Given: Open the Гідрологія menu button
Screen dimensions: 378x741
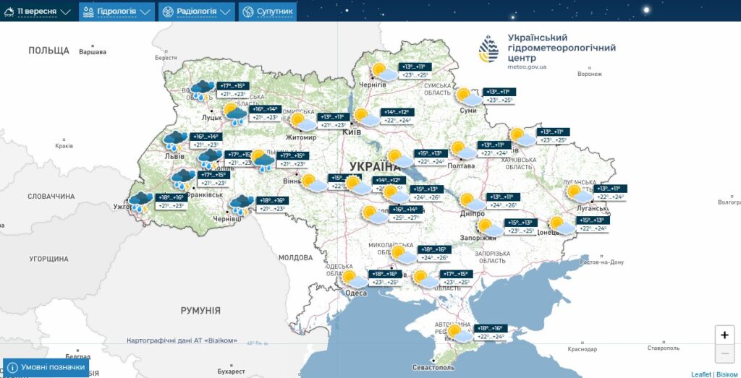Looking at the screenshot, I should [x=117, y=12].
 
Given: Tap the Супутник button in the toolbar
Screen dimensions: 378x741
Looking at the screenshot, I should [x=268, y=12].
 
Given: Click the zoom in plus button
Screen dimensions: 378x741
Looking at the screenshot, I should [x=724, y=335].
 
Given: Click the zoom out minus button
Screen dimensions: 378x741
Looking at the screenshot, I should [x=724, y=353].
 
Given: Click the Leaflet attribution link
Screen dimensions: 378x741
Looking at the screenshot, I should [x=700, y=374].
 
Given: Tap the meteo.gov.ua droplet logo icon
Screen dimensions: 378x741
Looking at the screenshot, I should [x=488, y=48].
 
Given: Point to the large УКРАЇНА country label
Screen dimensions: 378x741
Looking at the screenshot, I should [x=375, y=167].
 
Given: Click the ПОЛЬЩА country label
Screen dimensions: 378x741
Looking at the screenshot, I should [x=48, y=51].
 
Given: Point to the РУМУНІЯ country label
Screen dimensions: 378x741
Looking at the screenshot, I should [x=200, y=310].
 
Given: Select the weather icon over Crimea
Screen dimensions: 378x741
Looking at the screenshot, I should [x=459, y=332].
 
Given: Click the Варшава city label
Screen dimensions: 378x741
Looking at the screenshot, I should [x=93, y=52].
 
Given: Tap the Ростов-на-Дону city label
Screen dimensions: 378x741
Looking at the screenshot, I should [x=602, y=262].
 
